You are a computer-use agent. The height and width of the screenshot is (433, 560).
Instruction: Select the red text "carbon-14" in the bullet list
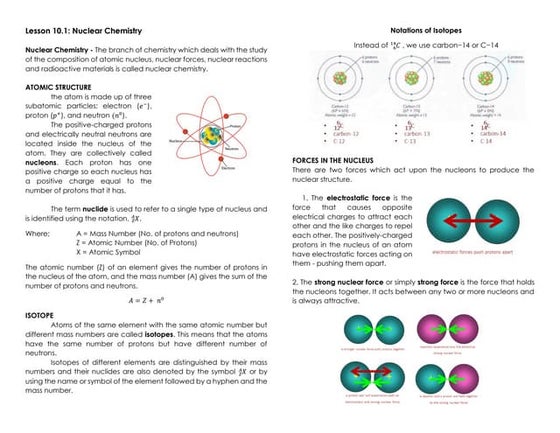(496, 133)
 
